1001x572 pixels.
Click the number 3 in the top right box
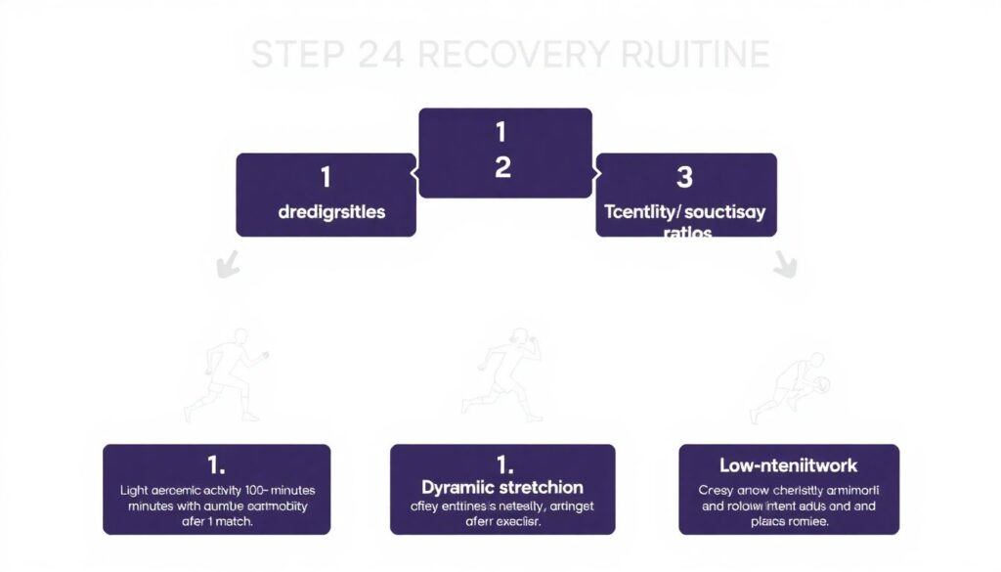tap(684, 177)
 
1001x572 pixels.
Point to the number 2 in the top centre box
tap(502, 167)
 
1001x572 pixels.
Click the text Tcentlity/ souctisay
tap(685, 211)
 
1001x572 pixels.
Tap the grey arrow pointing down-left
tap(227, 264)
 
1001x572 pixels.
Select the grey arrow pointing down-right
tap(785, 263)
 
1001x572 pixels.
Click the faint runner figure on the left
tap(223, 376)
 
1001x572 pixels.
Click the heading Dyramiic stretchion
tap(502, 487)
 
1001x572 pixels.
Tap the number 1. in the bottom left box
tap(216, 463)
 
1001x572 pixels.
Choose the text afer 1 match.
tap(216, 523)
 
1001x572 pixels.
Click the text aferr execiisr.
tap(501, 523)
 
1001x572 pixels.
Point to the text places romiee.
tap(790, 523)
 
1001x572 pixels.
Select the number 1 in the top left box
tap(325, 177)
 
